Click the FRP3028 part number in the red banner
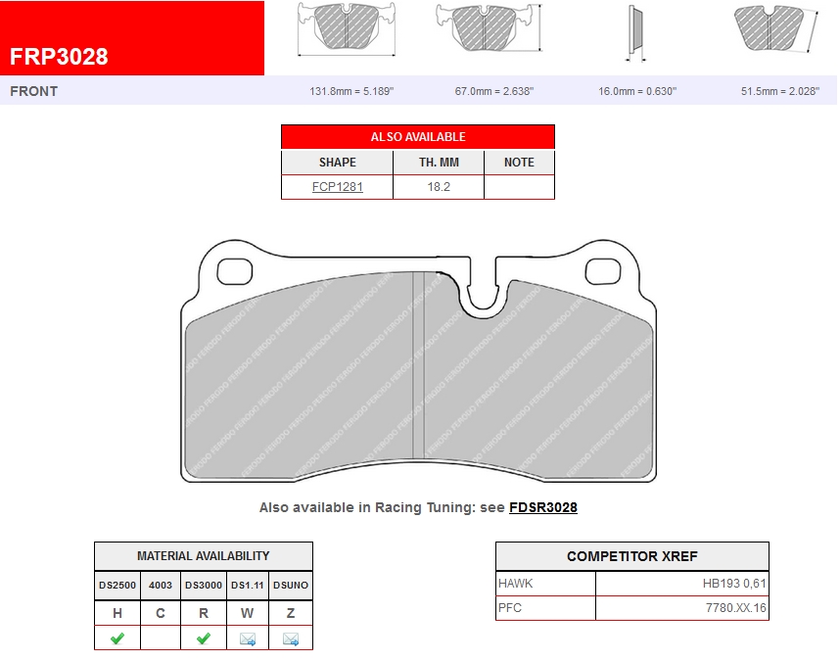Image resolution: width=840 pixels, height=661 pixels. point(59,57)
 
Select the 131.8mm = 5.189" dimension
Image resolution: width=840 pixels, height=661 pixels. point(351,91)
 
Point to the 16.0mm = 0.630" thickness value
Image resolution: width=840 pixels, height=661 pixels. point(637,91)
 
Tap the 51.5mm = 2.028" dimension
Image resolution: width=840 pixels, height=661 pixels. point(780,91)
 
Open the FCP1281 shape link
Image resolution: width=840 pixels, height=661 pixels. point(338,187)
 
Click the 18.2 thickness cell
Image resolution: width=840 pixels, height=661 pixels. point(439,187)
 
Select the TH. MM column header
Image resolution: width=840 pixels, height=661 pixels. point(439,163)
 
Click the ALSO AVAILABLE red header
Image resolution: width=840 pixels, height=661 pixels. point(418,136)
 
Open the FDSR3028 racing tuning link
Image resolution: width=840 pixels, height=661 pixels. point(543,507)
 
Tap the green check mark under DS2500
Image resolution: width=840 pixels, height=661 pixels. point(117,638)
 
